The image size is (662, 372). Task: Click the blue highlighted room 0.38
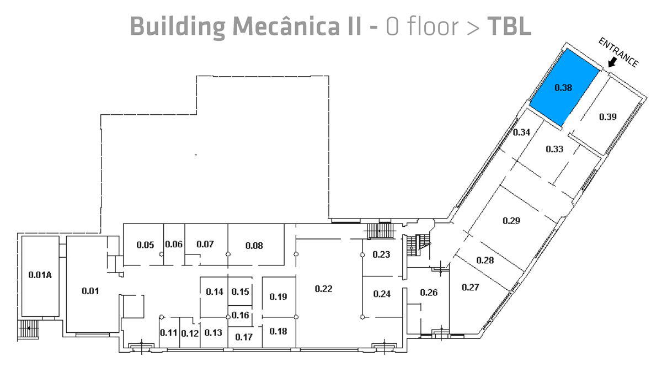coord(564,87)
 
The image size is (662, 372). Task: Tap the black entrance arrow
coord(612,63)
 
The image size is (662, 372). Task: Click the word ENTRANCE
coord(618,53)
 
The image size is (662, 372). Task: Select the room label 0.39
coord(607,116)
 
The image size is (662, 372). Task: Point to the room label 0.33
coord(554,149)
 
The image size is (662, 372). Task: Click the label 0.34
coord(522,132)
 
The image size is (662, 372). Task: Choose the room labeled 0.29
coord(511,221)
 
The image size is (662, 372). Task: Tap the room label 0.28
coord(485,261)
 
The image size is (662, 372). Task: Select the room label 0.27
coord(471,287)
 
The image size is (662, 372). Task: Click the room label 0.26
coord(429,293)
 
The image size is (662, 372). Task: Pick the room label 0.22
coord(323,289)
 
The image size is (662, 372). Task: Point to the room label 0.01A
coord(40,275)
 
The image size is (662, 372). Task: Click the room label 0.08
coord(254,246)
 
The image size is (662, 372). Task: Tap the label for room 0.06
coord(174,245)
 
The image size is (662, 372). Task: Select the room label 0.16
coord(241,315)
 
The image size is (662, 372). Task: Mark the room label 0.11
coord(168,333)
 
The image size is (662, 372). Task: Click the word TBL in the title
coord(509,26)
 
